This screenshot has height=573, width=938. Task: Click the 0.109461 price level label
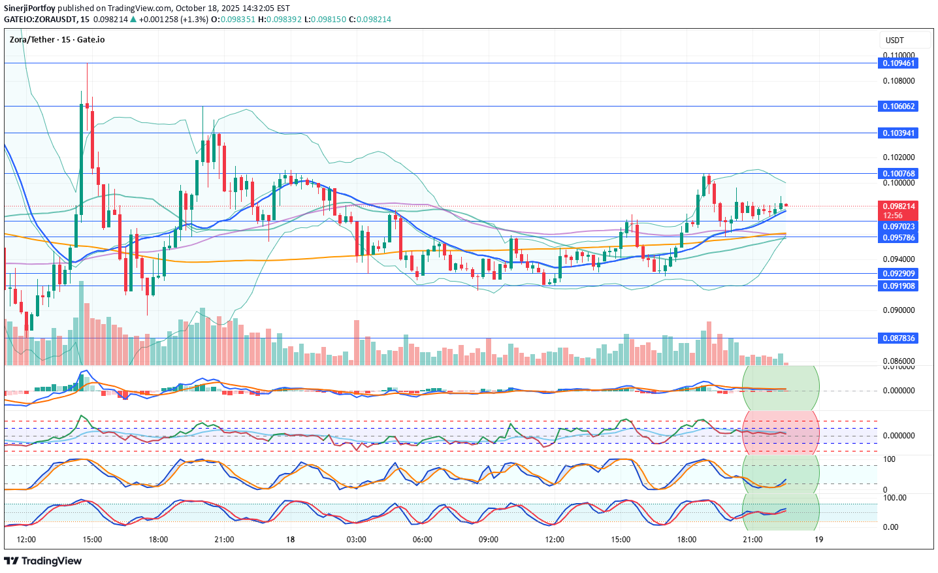[x=899, y=63]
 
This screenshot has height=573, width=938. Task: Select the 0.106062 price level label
[x=899, y=106]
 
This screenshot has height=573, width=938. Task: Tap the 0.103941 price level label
[x=899, y=133]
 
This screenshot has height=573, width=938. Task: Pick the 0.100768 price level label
[x=899, y=173]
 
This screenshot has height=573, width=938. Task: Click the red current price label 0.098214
[x=899, y=206]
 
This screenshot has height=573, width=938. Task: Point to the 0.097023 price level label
[x=899, y=227]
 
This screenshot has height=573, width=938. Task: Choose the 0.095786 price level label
[x=899, y=238]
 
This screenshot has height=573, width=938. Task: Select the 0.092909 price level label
[x=899, y=274]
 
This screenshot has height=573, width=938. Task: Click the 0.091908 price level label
[x=899, y=286]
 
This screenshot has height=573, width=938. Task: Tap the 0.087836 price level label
[x=899, y=338]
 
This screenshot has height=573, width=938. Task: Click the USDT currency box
[x=903, y=40]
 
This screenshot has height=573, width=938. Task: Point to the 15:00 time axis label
[x=92, y=540]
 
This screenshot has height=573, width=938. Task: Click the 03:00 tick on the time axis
[x=356, y=540]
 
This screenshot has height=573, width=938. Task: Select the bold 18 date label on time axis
[x=290, y=540]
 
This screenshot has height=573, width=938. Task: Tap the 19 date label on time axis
[x=818, y=540]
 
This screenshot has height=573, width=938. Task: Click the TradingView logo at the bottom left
[x=43, y=561]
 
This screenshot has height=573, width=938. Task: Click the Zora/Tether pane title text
[x=57, y=40]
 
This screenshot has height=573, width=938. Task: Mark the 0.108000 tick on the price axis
[x=899, y=81]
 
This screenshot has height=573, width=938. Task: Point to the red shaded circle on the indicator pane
[x=781, y=433]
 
